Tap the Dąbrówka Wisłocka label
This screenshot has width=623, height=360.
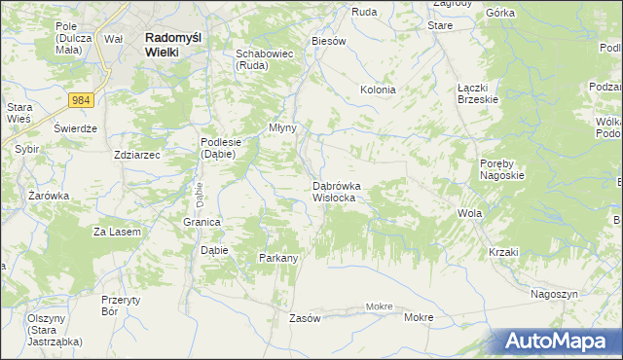point(338,191)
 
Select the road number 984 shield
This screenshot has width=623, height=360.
point(81,99)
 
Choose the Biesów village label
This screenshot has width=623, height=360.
point(328,42)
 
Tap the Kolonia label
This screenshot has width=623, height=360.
point(378,90)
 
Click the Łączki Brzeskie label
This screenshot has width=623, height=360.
point(478,92)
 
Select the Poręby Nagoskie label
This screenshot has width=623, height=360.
point(502,169)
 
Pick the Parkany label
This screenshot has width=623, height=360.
point(277,258)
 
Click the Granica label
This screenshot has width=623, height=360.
point(202,222)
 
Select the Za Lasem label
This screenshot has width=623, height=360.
point(117,232)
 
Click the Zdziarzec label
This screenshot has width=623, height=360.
point(136,154)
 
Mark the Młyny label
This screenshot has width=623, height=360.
point(282,127)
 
